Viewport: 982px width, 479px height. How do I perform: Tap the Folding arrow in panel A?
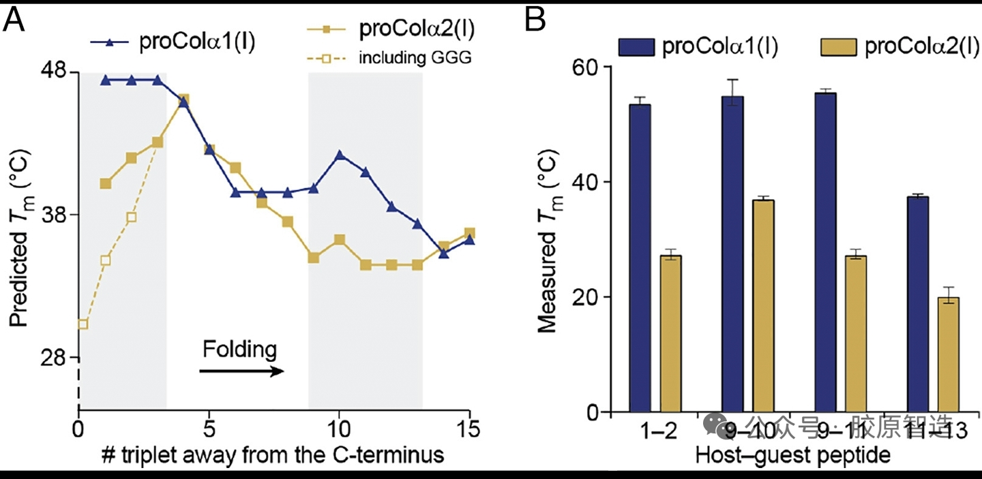point(241,371)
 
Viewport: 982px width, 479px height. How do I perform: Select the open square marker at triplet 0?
point(83,324)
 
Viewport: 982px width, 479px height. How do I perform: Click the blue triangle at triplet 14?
point(444,253)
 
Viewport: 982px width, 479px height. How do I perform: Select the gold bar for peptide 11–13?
point(949,354)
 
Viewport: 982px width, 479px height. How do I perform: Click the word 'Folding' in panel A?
point(239,350)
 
